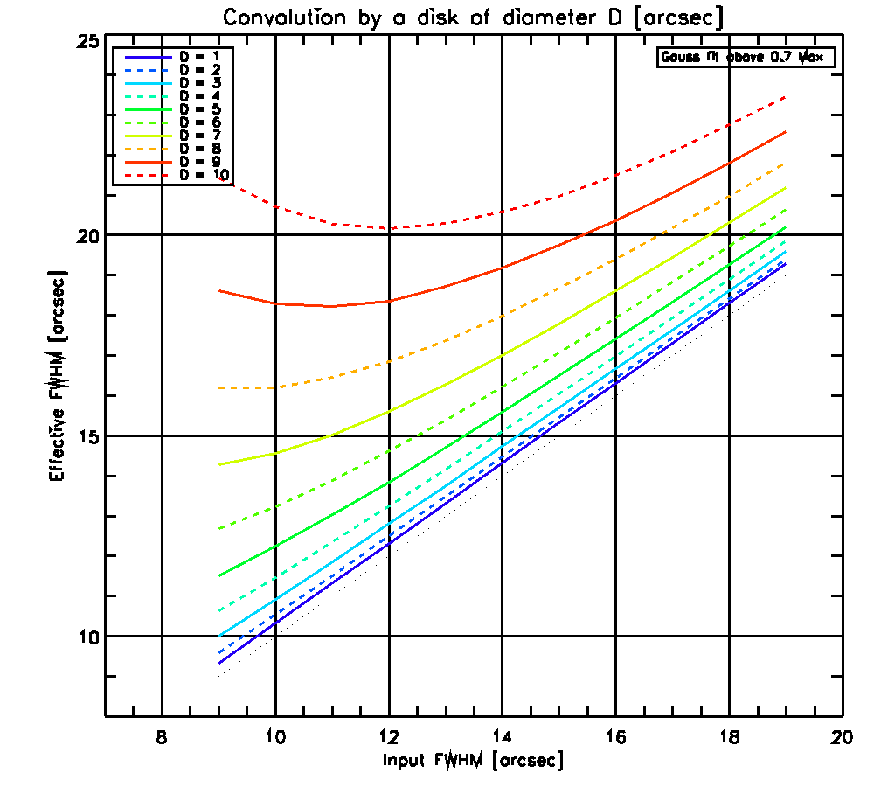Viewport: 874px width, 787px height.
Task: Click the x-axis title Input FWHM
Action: pyautogui.click(x=473, y=760)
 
